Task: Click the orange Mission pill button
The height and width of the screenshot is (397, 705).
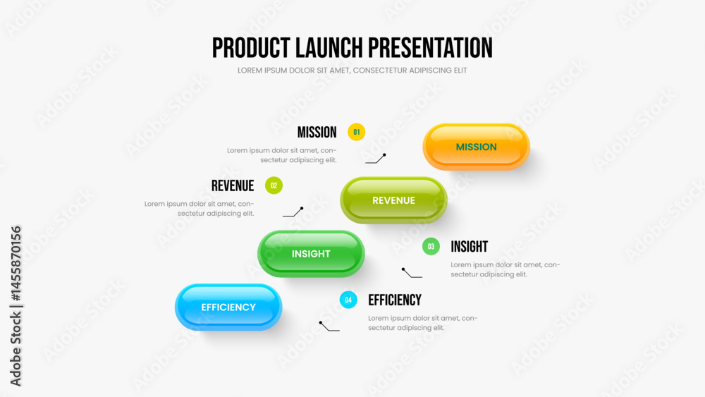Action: coord(476,147)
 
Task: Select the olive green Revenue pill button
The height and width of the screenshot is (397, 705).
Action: coord(393,200)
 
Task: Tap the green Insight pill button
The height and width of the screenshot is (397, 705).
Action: coord(311,254)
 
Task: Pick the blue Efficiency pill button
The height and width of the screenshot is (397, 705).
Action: coord(228,307)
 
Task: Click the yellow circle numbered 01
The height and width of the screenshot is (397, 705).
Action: coord(357,132)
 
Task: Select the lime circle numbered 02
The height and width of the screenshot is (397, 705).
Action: coord(274,185)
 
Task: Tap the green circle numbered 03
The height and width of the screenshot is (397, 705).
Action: coord(431,246)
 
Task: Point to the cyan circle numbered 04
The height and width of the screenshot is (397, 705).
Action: coord(348,300)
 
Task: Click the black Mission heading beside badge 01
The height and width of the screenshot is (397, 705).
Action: coord(317,132)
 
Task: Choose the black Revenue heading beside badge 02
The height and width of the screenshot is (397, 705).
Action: coord(233,185)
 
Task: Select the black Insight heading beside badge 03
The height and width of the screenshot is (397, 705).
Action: coord(470,246)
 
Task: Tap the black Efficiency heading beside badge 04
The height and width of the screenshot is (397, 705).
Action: coord(395,300)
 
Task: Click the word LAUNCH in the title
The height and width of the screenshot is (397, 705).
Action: coord(329,48)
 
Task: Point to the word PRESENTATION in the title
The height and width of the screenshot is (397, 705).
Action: coord(430,48)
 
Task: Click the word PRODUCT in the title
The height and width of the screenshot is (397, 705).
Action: coord(251,48)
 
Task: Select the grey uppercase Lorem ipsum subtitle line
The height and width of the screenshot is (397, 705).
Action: coord(352,71)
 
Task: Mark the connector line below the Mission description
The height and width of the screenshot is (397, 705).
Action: coord(376,159)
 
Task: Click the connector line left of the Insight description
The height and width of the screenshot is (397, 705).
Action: coord(411,274)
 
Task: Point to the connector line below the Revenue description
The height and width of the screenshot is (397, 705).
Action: coord(293,212)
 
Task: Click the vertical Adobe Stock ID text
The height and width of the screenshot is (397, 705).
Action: coord(16,306)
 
